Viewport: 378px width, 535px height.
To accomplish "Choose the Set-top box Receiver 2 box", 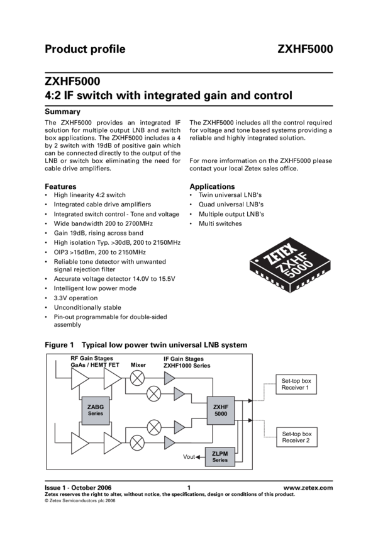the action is point(297,437).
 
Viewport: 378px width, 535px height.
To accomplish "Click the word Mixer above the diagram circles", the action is point(138,365).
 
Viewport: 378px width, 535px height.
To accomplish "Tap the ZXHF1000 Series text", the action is point(187,365).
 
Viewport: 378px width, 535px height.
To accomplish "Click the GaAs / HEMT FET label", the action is point(95,365).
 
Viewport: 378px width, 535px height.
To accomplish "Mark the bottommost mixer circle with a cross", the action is point(136,444).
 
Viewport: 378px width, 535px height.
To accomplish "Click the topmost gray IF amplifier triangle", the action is point(169,378).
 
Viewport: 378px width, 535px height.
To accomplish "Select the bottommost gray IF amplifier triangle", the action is point(169,444).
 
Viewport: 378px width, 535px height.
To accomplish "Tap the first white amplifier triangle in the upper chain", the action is point(80,379).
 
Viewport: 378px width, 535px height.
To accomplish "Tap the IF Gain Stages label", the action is point(184,358).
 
